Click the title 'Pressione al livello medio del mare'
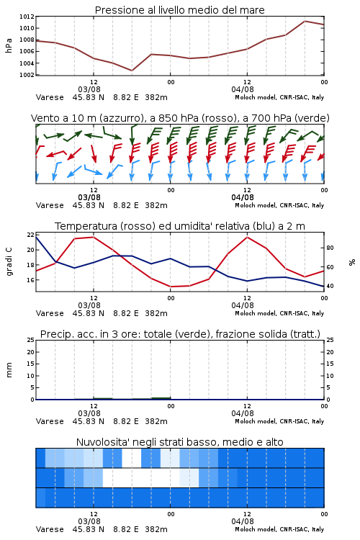179,10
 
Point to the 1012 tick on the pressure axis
27,17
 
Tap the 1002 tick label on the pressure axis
27,75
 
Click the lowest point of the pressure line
132,71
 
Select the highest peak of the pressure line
305,21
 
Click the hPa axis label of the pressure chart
9,45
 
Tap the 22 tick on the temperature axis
30,235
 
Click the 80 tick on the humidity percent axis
330,248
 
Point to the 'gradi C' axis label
9,261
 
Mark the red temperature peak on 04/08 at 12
248,237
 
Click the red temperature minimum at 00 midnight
171,287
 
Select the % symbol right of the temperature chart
352,262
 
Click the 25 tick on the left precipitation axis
30,340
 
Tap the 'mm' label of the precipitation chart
9,370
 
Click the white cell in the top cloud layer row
132,458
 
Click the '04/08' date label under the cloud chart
242,521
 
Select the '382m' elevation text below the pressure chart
156,97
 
